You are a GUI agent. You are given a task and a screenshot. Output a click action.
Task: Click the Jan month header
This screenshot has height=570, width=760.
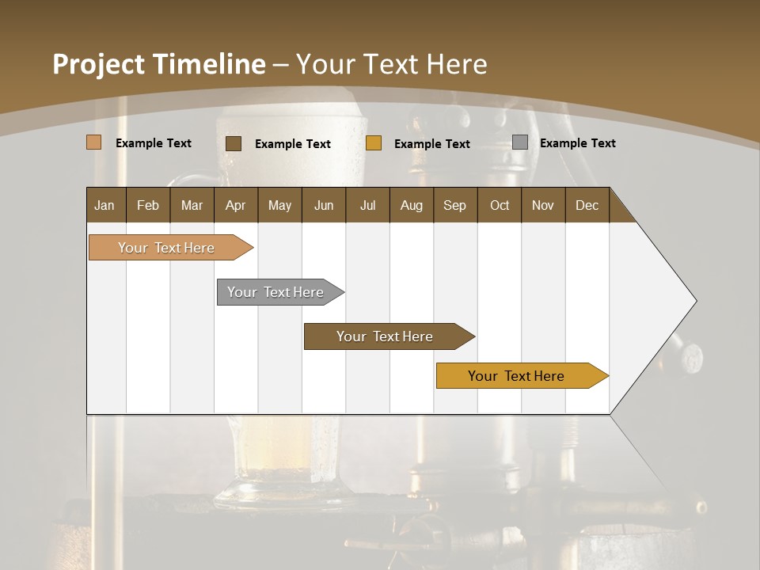tap(105, 205)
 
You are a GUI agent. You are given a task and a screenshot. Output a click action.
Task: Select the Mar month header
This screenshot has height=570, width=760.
tap(192, 205)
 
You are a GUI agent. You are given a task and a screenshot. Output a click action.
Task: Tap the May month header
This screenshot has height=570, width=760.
tap(279, 205)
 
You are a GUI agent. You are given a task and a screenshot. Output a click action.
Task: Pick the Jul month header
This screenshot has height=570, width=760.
tap(367, 205)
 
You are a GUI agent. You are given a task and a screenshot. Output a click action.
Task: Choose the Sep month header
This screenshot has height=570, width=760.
tap(454, 205)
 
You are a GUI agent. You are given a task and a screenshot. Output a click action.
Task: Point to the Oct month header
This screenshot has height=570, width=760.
tap(499, 205)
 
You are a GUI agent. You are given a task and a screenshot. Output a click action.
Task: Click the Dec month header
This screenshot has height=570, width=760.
tap(587, 205)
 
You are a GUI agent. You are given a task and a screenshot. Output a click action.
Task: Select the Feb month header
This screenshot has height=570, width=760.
tap(148, 205)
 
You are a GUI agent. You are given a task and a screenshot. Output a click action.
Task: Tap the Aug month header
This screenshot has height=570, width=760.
tap(411, 205)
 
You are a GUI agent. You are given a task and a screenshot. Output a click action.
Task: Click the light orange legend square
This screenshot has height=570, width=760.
tap(94, 142)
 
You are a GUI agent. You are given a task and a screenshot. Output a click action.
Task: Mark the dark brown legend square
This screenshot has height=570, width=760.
tap(234, 143)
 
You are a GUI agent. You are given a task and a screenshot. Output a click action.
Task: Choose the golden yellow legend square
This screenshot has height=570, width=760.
tap(374, 143)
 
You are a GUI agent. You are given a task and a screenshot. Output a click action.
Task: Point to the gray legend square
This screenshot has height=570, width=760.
tap(520, 142)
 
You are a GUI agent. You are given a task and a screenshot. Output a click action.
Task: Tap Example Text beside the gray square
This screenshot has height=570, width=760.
tap(577, 143)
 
